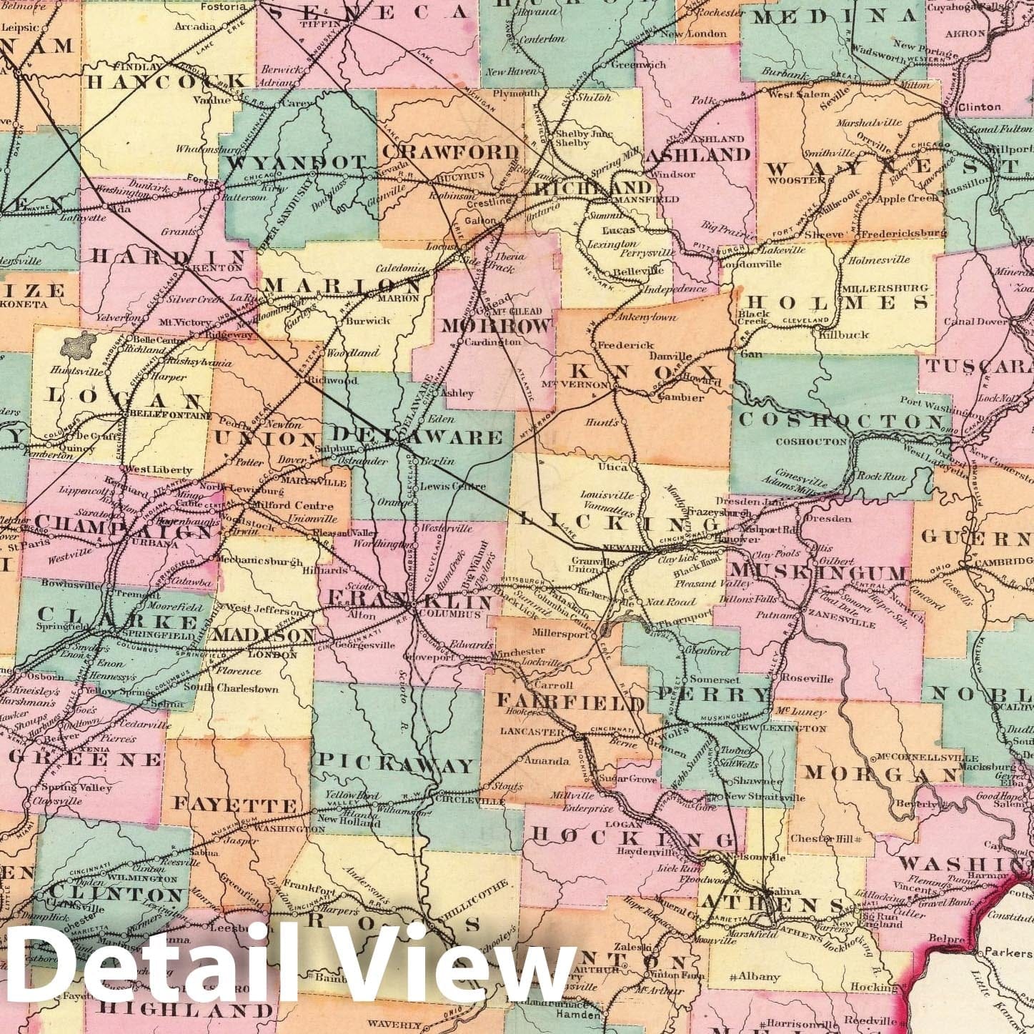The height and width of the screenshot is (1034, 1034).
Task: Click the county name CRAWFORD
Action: [x=450, y=152]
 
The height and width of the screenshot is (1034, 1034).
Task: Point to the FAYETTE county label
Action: [x=235, y=805]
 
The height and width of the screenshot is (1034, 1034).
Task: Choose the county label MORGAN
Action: [x=881, y=773]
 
